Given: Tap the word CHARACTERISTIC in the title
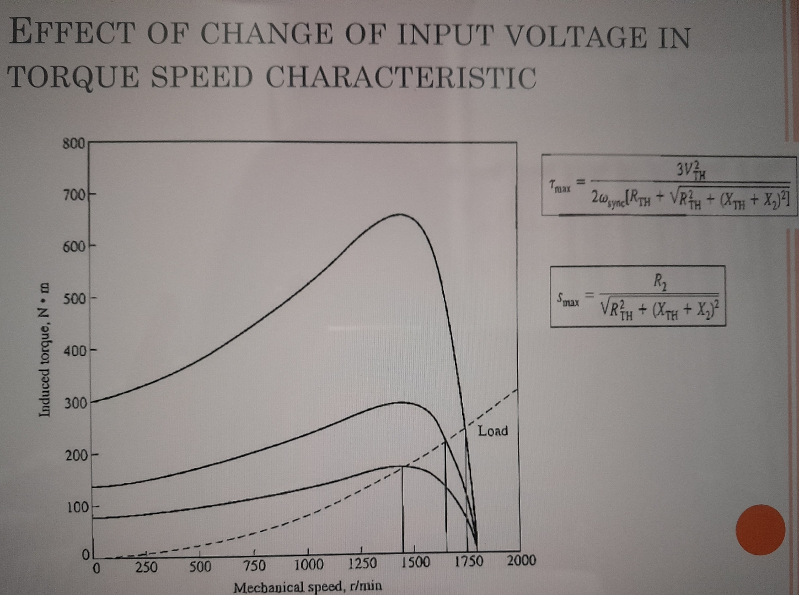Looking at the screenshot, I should (401, 77).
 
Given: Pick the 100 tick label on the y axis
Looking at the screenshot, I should (77, 507).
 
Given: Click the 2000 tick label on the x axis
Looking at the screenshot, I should (521, 561).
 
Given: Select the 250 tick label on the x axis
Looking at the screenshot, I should (146, 567).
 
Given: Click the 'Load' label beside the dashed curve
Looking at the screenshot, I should (492, 431).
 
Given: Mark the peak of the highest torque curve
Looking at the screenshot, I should (400, 214).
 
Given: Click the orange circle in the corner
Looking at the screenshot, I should (760, 529).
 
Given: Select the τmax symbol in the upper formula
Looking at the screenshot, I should (560, 187).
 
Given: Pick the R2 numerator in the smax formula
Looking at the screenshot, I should (659, 282).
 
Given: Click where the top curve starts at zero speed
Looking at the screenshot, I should (92, 402).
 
